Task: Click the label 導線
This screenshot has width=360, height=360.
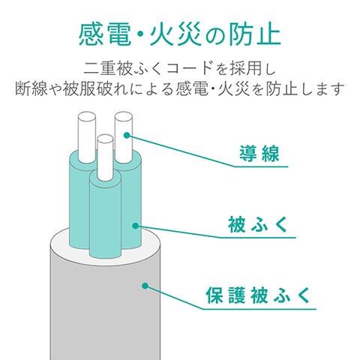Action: point(259,153)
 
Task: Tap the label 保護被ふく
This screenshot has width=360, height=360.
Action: point(258,295)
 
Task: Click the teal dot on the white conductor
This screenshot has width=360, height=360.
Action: point(127,135)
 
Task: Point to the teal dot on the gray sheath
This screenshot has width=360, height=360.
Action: point(145,286)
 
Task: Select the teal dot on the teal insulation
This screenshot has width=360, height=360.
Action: point(135,226)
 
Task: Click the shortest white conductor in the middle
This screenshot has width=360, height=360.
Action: point(105,157)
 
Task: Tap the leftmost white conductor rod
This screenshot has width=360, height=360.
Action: point(87,137)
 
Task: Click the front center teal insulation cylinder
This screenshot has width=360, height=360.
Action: point(105,217)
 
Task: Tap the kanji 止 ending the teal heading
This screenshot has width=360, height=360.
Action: point(268,34)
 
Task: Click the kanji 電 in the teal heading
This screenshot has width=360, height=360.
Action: point(118,34)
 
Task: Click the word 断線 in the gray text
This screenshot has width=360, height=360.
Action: point(31,88)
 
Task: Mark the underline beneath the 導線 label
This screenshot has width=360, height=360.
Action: point(261,166)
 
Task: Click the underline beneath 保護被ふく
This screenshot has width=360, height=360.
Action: point(259,309)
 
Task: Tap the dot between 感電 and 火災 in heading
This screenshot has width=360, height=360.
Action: point(140,35)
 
